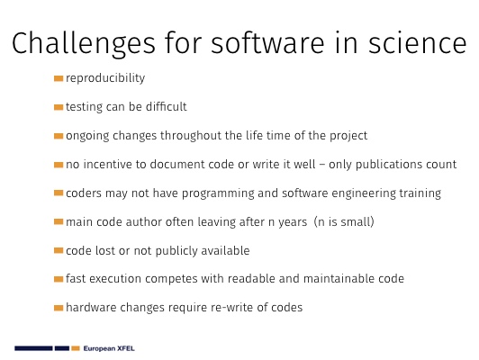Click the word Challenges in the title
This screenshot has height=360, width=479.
(84, 44)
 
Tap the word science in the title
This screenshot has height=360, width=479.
(417, 43)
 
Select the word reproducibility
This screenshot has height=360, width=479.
(105, 78)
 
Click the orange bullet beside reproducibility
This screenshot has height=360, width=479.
(59, 79)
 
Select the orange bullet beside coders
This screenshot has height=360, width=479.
(59, 193)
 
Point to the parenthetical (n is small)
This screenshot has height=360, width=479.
(344, 221)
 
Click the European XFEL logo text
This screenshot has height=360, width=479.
(109, 348)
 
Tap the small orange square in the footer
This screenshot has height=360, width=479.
(76, 348)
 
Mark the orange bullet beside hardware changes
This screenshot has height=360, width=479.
(59, 308)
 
